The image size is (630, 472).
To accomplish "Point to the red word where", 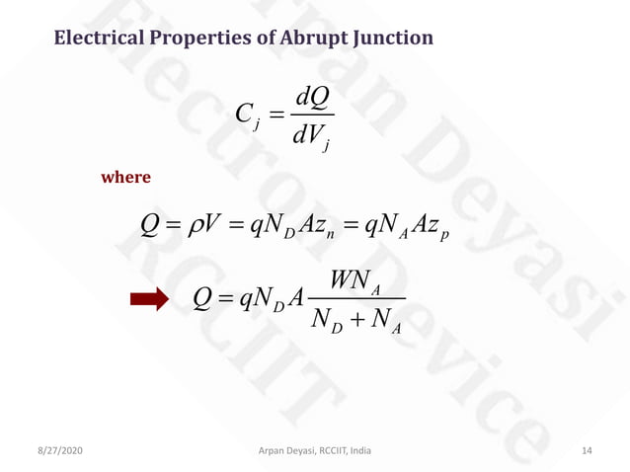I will point(126,178).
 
